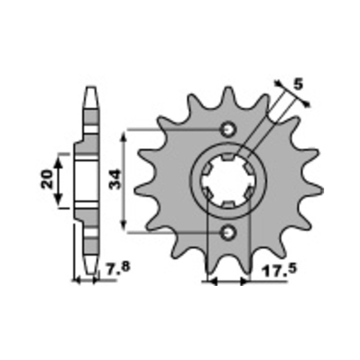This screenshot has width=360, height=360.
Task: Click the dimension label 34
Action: pyautogui.click(x=114, y=179)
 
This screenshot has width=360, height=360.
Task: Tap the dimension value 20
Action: pyautogui.click(x=47, y=179)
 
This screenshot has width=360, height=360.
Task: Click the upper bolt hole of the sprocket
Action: pyautogui.click(x=228, y=130)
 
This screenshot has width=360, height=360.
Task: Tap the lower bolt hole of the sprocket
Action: pyautogui.click(x=228, y=233)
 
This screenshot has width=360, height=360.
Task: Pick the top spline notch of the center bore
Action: pyautogui.click(x=228, y=157)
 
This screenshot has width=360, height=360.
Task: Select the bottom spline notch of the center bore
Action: pyautogui.click(x=228, y=205)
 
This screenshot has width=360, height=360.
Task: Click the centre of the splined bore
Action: pyautogui.click(x=228, y=181)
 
